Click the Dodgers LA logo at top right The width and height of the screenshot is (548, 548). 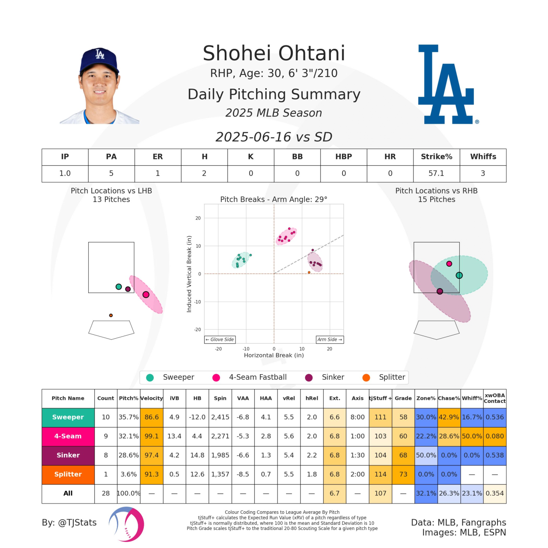[x=446, y=85]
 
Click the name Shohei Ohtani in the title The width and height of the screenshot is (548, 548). [x=274, y=54]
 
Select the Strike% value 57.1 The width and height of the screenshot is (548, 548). [x=436, y=173]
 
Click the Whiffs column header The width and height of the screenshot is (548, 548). [x=483, y=157]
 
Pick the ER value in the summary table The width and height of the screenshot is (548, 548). [x=158, y=173]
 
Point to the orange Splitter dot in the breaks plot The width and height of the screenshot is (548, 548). [x=309, y=272]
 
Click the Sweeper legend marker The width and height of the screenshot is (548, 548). [x=150, y=377]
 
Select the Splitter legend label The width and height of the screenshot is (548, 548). [x=392, y=377]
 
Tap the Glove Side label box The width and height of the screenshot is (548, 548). [x=220, y=340]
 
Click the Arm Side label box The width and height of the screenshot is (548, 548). [x=330, y=340]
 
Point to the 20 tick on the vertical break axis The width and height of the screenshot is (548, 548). [x=198, y=218]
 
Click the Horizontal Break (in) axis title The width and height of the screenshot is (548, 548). [x=274, y=355]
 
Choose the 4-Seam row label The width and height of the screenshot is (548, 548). [x=68, y=436]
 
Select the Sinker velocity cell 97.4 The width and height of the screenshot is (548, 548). [x=152, y=455]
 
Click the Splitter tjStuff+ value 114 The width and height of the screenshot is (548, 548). [x=380, y=474]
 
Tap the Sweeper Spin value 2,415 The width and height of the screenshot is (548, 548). [x=220, y=417]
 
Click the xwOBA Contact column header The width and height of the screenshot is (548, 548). [x=494, y=398]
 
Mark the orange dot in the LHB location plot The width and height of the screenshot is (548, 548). [x=111, y=316]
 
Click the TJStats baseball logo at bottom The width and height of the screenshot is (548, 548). [x=126, y=524]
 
